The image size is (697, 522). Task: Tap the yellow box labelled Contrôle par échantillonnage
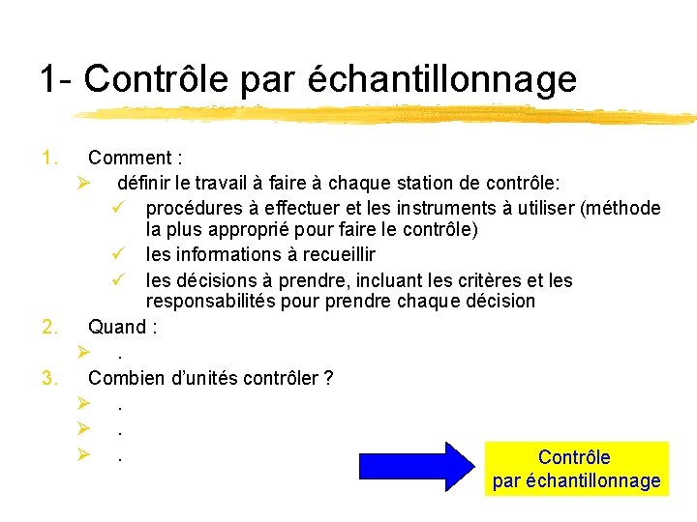pos(576,469)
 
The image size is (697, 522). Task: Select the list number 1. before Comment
pos(49,157)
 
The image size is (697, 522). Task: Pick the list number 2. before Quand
pos(51,327)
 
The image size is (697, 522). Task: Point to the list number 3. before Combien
pos(51,377)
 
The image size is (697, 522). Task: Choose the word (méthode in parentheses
pos(621,208)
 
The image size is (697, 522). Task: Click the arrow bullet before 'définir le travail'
pos(84,183)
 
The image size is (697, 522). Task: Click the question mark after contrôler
pos(329,377)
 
